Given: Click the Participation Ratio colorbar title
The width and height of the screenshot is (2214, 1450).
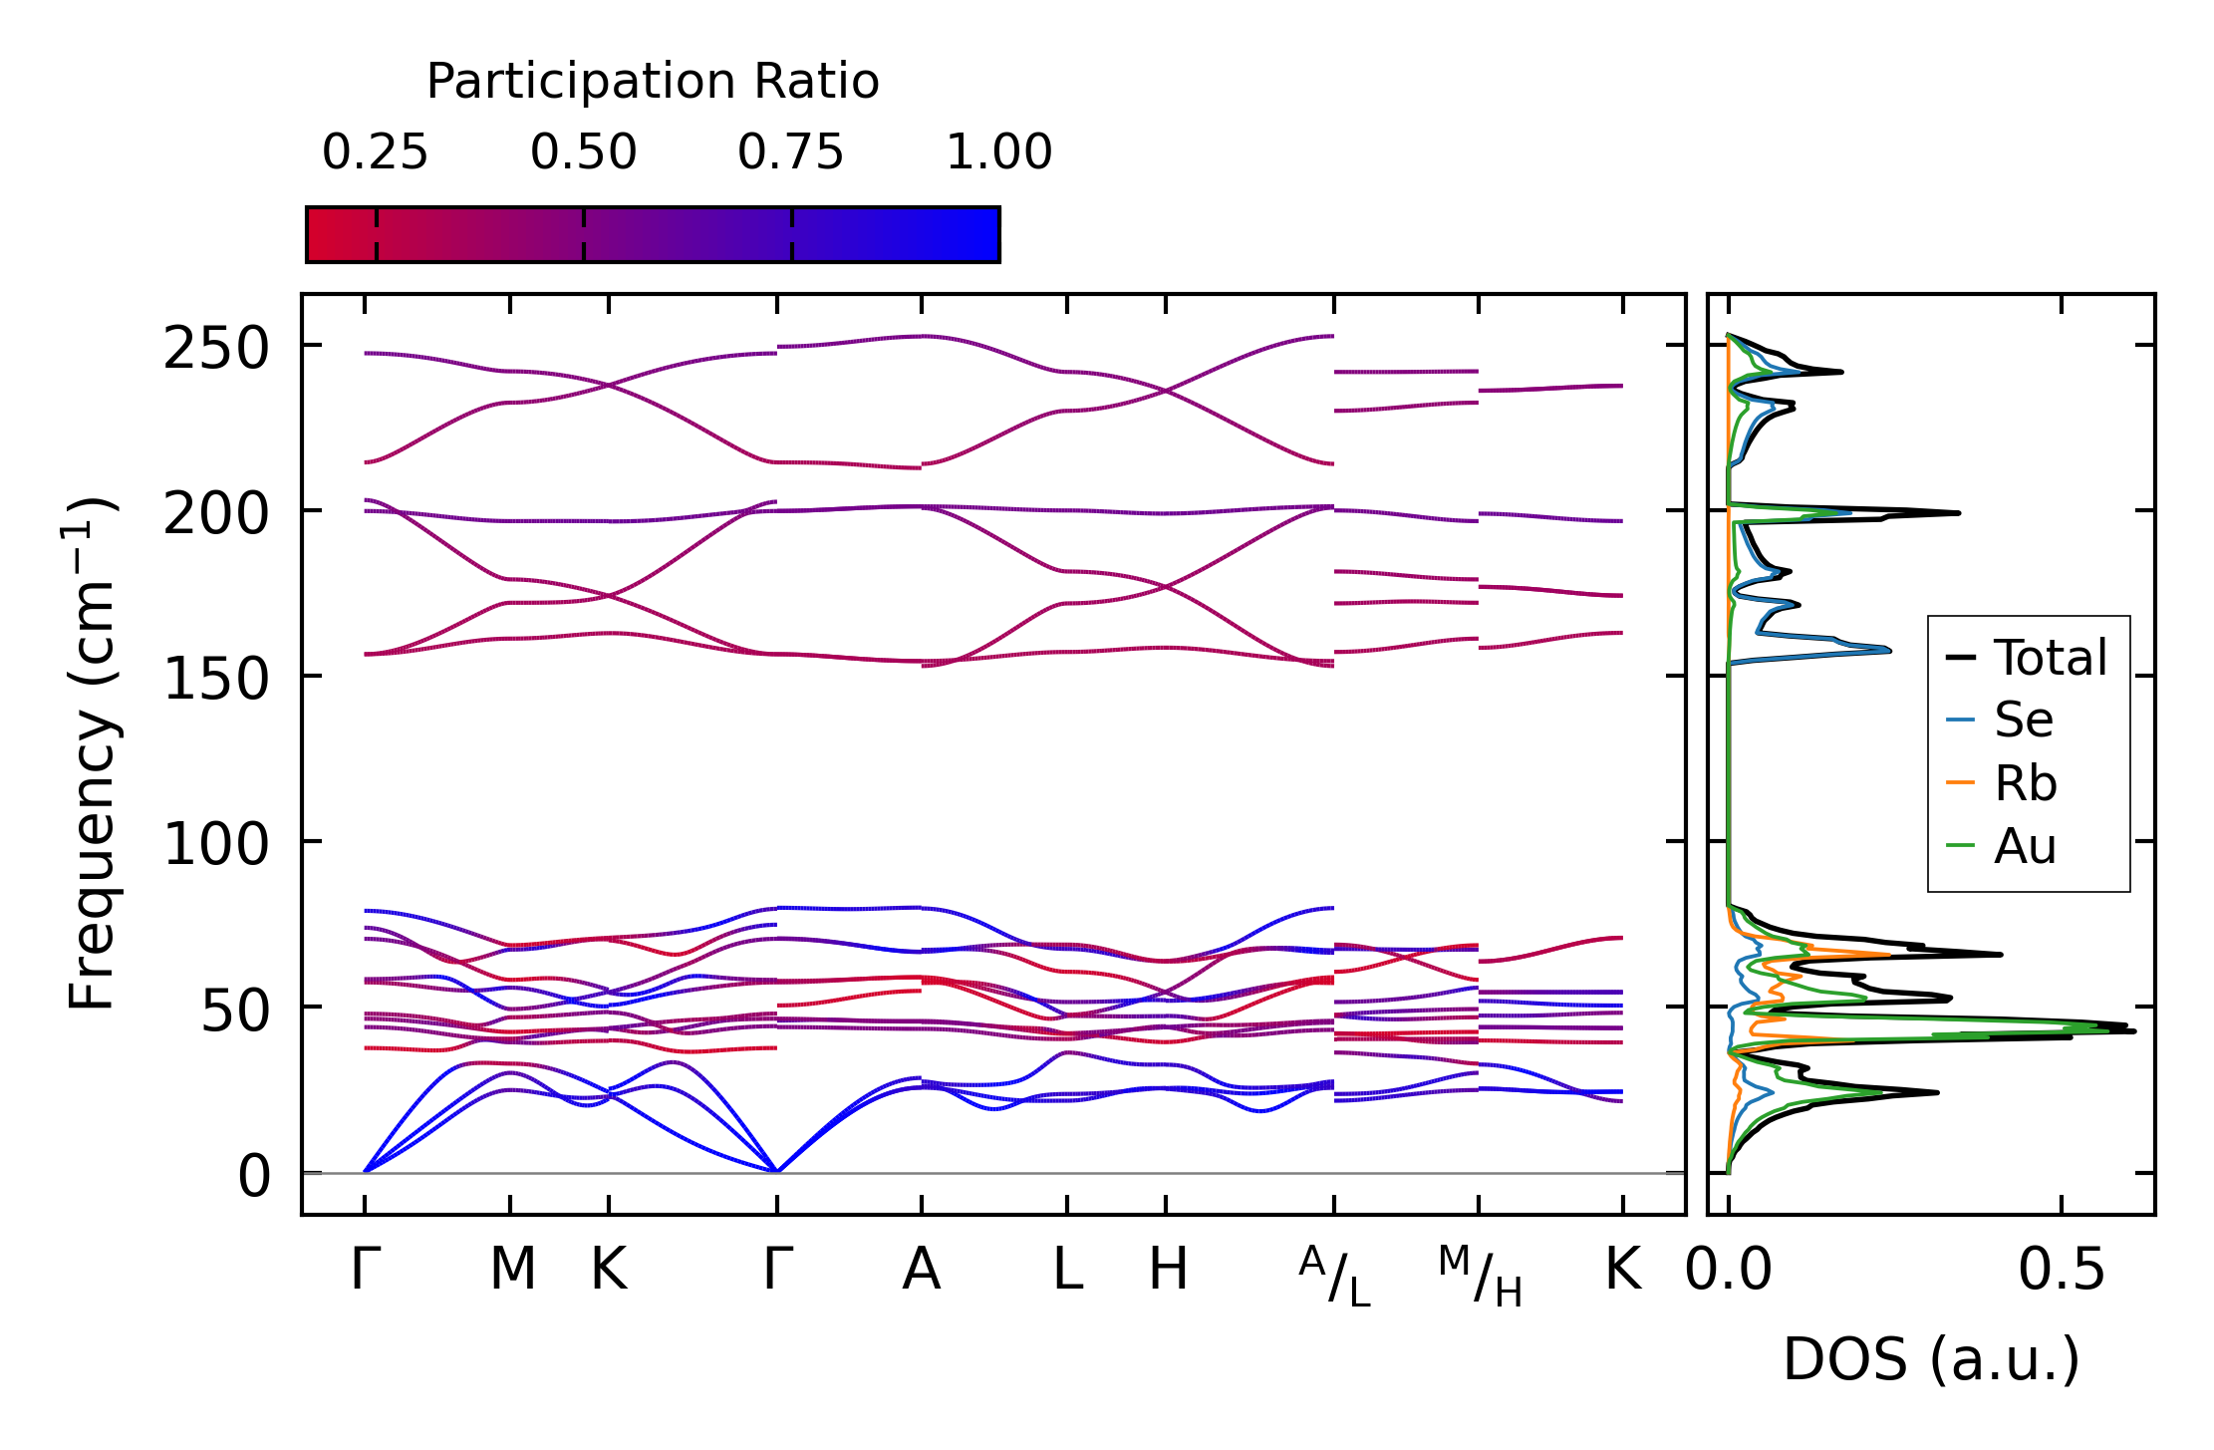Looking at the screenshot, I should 653,82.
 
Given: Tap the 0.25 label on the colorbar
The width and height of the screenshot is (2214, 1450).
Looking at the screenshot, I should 375,152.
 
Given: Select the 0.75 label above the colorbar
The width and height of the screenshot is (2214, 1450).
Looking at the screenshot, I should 790,152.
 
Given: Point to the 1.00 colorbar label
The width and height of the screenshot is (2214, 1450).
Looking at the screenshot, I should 998,152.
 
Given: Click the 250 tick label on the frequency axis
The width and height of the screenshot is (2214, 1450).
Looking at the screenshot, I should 216,350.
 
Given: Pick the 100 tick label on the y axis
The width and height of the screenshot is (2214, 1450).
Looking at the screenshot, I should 216,846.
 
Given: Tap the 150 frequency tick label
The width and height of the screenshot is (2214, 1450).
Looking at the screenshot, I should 216,681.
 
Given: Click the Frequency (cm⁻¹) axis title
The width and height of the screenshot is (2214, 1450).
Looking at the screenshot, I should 92,753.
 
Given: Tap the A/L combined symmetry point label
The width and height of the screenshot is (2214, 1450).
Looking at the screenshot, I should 1334,1277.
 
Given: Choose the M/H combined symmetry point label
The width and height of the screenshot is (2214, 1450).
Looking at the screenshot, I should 1480,1277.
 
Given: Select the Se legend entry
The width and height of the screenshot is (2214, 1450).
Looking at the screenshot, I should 2023,720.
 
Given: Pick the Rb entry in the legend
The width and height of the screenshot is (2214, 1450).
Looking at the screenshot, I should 2025,783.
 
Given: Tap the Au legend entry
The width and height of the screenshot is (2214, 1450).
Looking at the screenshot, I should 2025,847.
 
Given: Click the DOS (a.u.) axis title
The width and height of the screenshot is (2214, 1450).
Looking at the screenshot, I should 1931,1359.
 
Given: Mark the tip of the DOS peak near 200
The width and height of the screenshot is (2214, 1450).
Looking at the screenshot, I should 1959,513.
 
